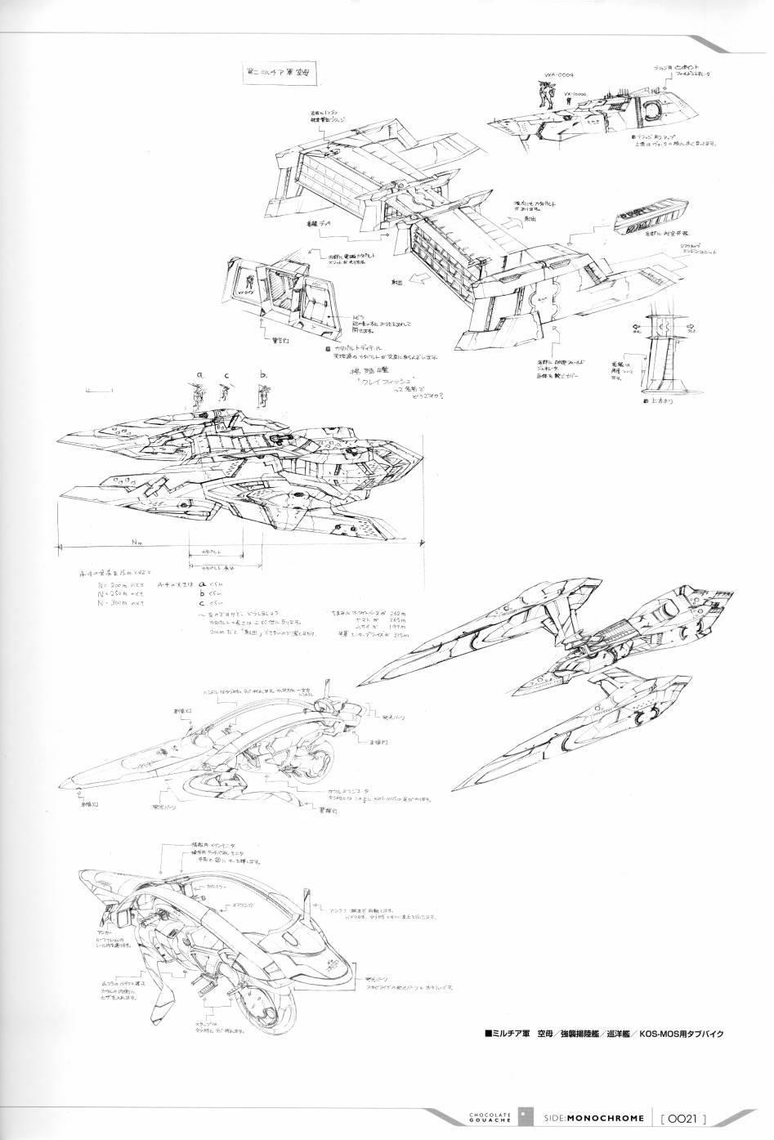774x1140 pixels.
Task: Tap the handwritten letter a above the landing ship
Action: (197, 375)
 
